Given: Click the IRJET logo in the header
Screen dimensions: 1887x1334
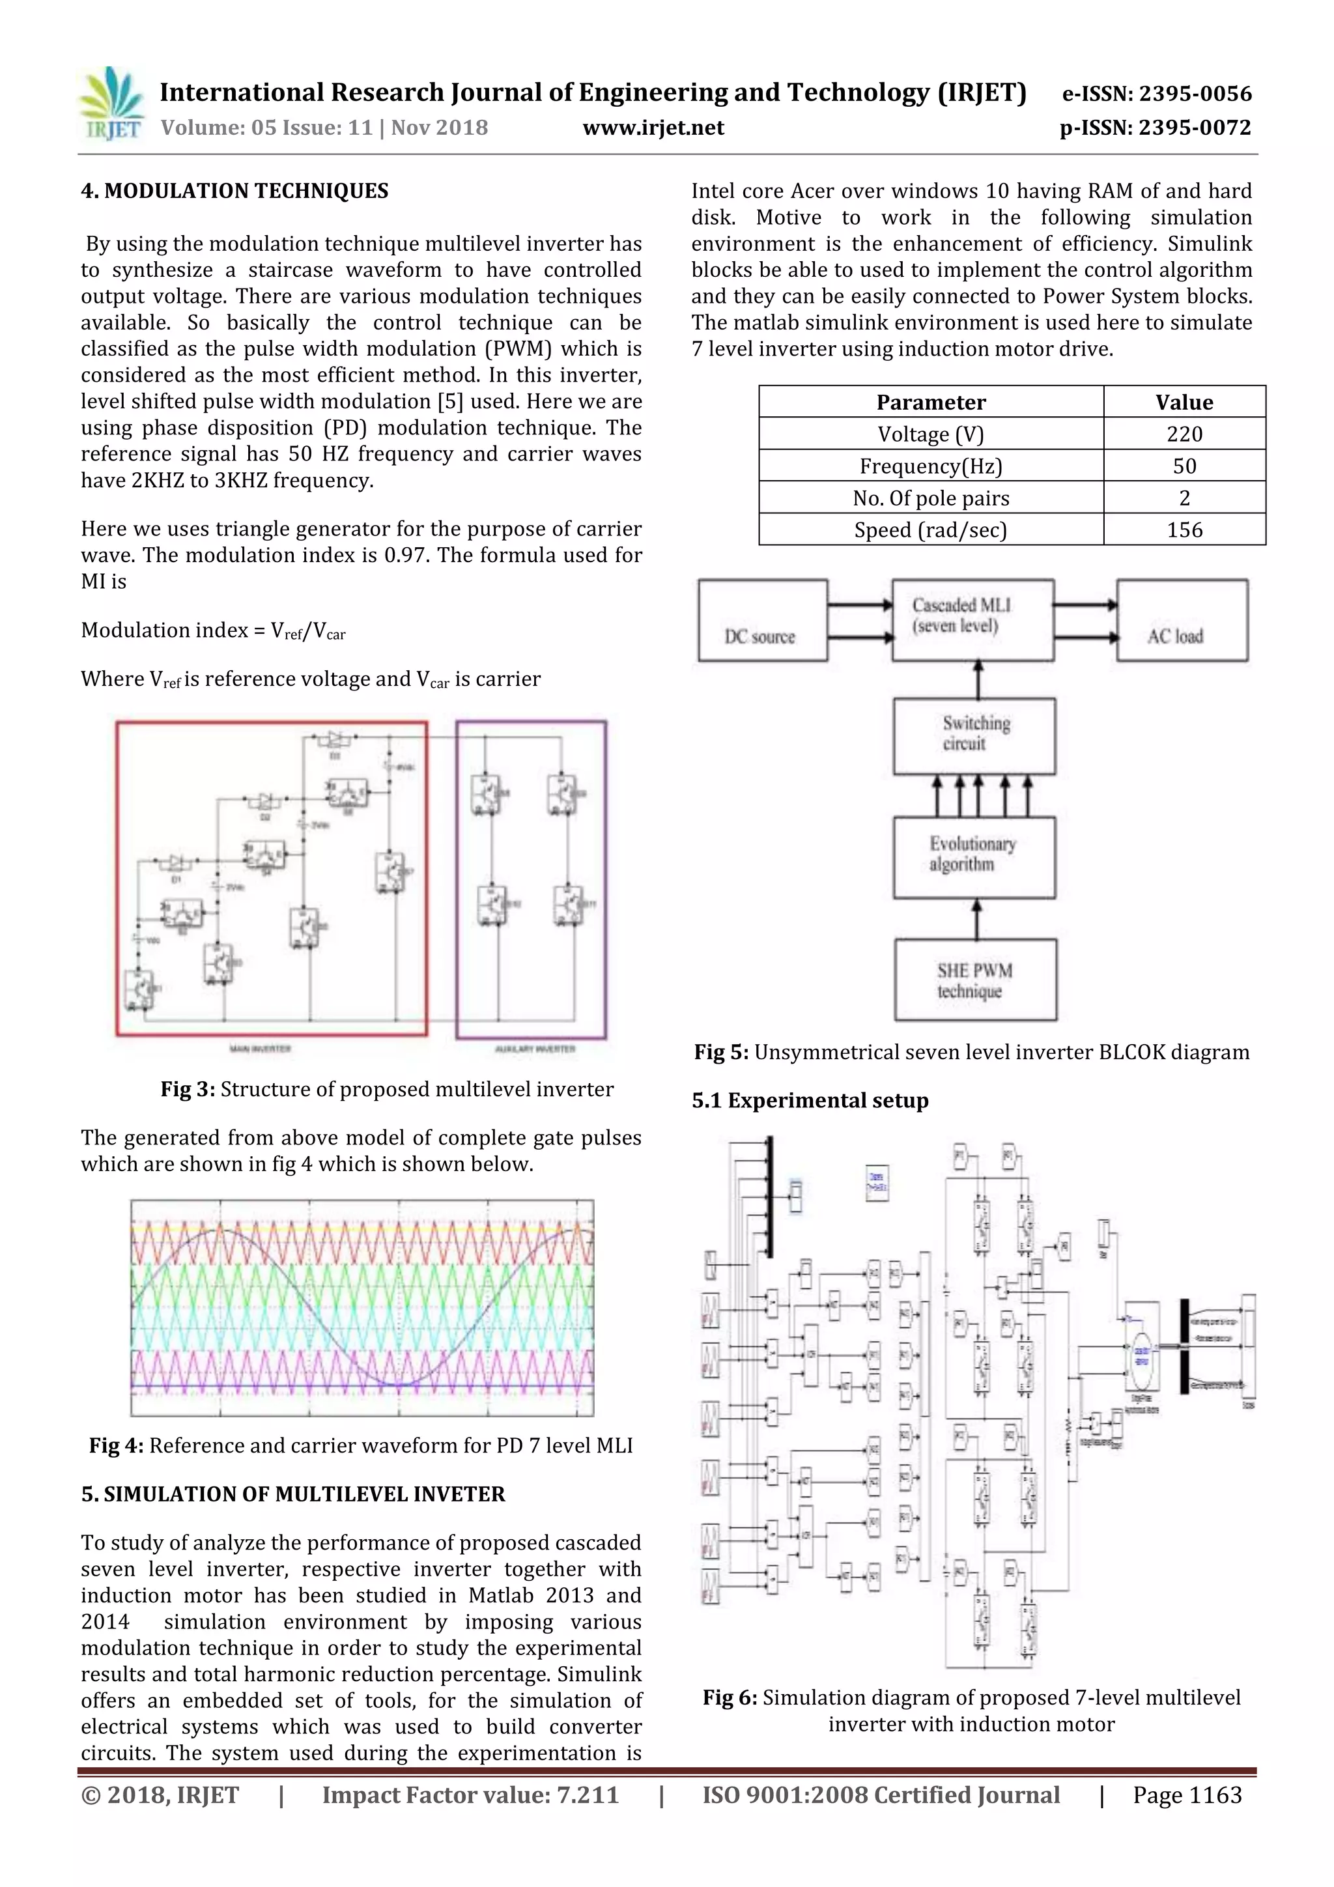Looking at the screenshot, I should coord(110,104).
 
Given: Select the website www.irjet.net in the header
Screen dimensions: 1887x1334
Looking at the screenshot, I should coord(653,128).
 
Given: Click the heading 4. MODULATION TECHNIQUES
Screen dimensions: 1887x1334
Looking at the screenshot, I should coord(234,192).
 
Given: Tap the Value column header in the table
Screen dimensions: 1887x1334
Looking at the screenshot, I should coord(1184,402).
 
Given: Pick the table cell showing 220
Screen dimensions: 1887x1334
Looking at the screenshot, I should coord(1184,434).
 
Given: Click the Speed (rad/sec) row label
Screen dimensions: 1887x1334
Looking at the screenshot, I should coord(930,530).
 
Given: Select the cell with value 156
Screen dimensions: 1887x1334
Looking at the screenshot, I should coord(1184,530).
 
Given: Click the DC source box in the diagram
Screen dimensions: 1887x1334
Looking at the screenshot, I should coord(762,621).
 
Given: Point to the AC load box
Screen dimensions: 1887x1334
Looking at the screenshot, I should coord(1181,621).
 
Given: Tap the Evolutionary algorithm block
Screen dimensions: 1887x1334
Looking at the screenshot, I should coord(974,857).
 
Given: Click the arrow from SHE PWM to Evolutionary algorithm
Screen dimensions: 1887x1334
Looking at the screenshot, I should coord(976,920).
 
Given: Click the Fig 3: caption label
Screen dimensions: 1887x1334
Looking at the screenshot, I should coord(188,1090).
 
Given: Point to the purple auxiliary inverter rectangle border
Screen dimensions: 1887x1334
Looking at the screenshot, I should coord(606,879).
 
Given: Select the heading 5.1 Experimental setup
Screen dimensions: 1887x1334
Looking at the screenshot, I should coord(810,1100).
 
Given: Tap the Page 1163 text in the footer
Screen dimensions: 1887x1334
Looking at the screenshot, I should coord(1186,1795).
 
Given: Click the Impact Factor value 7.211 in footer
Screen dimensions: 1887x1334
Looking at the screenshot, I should coord(470,1795).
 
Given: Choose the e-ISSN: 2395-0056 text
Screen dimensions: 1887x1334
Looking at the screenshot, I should coord(1156,94).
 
